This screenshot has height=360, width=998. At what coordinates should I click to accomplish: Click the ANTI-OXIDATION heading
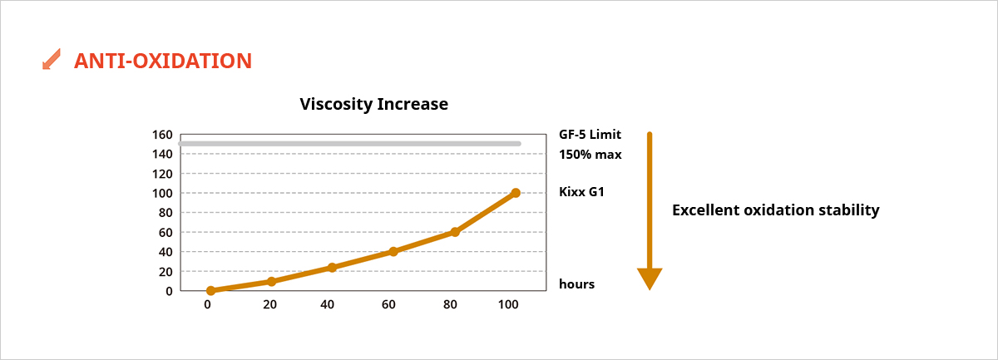coord(162,61)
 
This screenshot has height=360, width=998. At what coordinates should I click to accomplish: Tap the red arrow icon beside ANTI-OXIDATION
coord(52,60)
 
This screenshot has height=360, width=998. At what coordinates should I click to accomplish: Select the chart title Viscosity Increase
coord(373,104)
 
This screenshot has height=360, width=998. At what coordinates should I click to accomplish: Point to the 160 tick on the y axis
coord(162,135)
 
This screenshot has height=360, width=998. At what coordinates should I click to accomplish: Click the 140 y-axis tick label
coord(162,154)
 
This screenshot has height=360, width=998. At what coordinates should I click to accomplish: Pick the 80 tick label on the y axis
coord(165,213)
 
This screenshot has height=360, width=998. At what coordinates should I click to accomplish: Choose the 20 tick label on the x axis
coord(269,305)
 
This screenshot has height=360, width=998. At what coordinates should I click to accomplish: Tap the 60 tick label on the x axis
coord(388,305)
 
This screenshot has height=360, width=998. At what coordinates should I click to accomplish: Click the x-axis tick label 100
coord(507,305)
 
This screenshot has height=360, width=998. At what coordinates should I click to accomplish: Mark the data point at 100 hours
coord(516,193)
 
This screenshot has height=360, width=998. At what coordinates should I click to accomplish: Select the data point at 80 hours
coord(455,232)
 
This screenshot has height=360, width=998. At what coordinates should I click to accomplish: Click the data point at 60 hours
coord(393,251)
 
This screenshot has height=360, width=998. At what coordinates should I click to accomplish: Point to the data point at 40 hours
coord(332,268)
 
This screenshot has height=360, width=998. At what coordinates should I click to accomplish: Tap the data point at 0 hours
coord(210,291)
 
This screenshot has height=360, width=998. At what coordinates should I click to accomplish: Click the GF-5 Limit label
coord(590,135)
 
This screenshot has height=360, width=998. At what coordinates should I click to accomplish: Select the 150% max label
coord(590,155)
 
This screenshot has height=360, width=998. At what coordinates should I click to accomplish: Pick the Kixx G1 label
coord(581,193)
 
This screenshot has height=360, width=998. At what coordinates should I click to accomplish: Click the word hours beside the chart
coord(576,284)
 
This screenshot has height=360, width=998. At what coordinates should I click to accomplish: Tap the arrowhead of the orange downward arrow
coord(649,279)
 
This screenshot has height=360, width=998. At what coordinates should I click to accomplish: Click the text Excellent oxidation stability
coord(775,210)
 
